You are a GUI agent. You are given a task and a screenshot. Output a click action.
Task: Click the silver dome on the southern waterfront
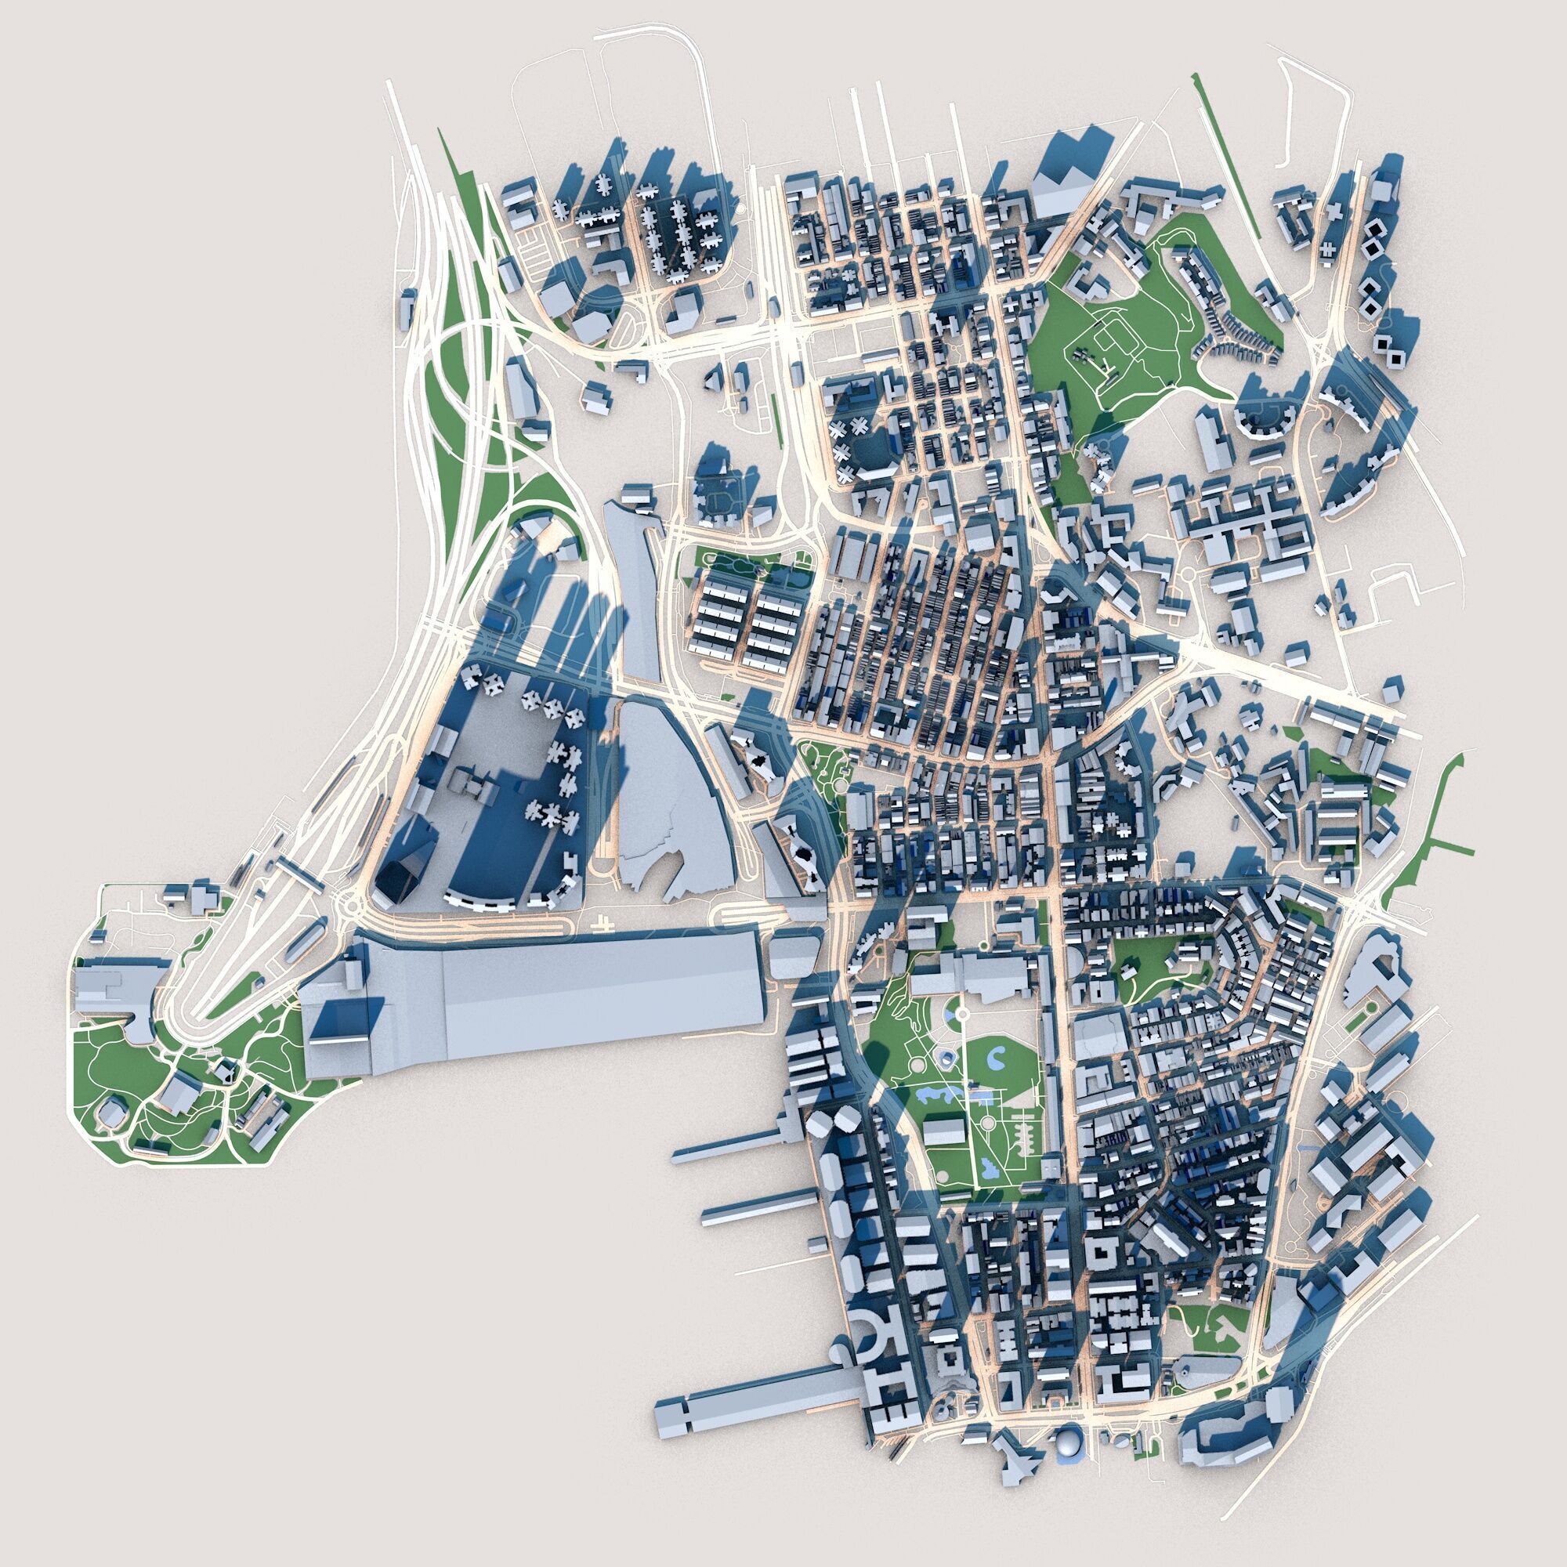coord(1067,1489)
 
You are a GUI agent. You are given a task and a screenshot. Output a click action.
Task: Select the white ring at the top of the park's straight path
coord(961,1014)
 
